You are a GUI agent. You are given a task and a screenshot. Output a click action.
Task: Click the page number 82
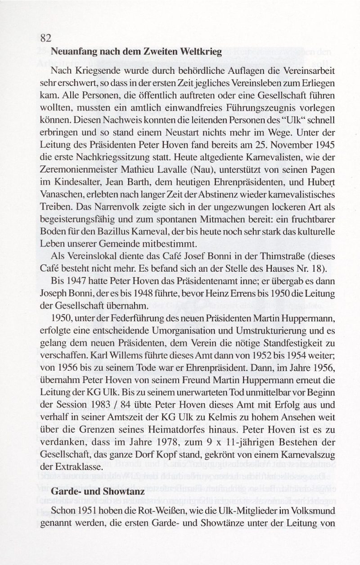[x=45, y=37]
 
